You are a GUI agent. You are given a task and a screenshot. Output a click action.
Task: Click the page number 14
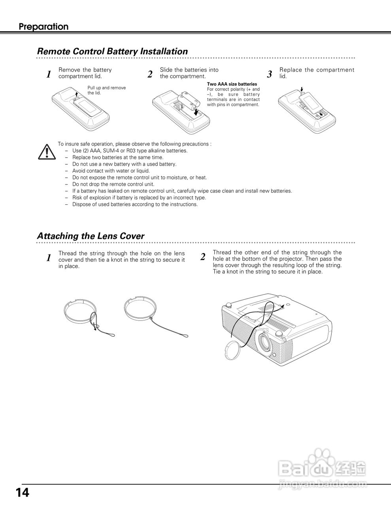pyautogui.click(x=23, y=493)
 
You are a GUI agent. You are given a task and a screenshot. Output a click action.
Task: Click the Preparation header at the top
pyautogui.click(x=43, y=27)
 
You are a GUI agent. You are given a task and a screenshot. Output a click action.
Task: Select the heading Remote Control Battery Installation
pyautogui.click(x=112, y=51)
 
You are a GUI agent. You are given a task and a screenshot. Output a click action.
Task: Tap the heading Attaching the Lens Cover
pyautogui.click(x=91, y=236)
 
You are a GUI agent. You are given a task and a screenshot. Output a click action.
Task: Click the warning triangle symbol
pyautogui.click(x=47, y=151)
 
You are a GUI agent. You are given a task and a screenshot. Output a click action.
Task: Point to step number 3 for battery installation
pyautogui.click(x=270, y=74)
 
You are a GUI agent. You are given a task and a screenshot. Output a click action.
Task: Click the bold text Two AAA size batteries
pyautogui.click(x=232, y=84)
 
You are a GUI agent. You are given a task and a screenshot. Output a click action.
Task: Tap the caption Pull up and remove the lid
pyautogui.click(x=106, y=90)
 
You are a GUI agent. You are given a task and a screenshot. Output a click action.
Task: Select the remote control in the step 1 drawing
pyautogui.click(x=81, y=107)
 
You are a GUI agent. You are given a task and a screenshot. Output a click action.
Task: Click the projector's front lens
pyautogui.click(x=264, y=340)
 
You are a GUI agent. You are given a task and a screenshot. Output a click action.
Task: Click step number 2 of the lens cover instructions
pyautogui.click(x=203, y=257)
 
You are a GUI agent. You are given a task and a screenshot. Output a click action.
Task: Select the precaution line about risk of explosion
pyautogui.click(x=139, y=198)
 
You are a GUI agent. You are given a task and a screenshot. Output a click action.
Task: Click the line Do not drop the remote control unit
pyautogui.click(x=113, y=184)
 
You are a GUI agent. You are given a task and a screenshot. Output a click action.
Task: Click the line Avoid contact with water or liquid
pyautogui.click(x=111, y=171)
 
